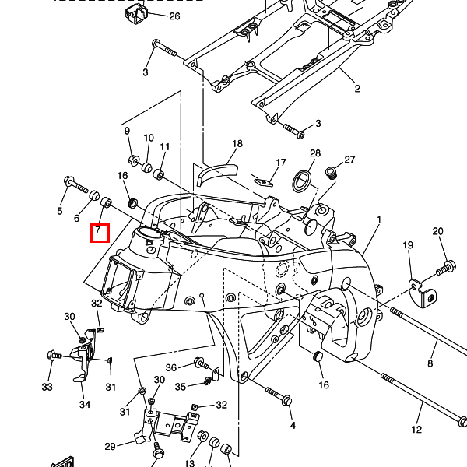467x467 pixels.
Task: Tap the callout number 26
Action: click(174, 16)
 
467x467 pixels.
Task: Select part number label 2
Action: click(357, 89)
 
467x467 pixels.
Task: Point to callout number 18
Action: click(237, 144)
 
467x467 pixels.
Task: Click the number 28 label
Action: click(315, 153)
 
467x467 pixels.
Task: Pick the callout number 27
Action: click(349, 160)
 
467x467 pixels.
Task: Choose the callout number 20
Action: click(437, 231)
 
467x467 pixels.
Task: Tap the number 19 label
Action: click(407, 246)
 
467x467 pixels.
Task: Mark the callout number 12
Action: click(416, 430)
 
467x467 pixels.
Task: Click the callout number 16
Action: click(324, 384)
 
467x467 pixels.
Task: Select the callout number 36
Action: click(171, 367)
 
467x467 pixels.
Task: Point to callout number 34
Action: click(85, 404)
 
